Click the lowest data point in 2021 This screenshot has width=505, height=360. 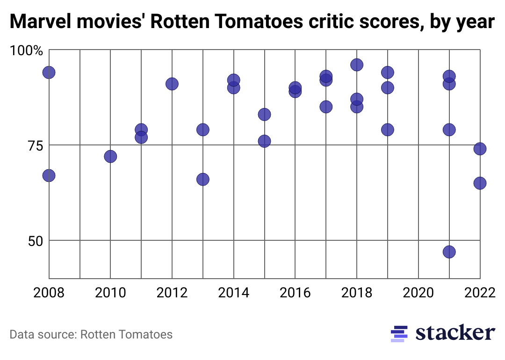tap(449, 252)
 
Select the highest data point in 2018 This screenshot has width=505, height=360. tap(357, 65)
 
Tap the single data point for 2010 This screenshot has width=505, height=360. tap(110, 156)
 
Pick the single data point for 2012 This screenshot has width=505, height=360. tap(172, 84)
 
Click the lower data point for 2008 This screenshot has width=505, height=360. tap(49, 175)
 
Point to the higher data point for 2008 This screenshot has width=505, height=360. tap(49, 72)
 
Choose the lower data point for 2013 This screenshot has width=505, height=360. tap(202, 179)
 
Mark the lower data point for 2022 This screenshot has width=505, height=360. tap(480, 183)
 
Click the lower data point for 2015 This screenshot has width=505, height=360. tap(264, 141)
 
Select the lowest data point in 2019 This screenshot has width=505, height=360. tap(388, 130)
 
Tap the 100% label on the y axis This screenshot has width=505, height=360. tap(26, 50)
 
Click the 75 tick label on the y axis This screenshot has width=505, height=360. tap(32, 145)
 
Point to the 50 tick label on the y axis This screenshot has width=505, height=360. tap(32, 241)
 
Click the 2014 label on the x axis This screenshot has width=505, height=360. tap(233, 293)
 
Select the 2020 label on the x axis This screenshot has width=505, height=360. tap(418, 293)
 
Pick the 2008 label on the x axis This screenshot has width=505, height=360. tap(49, 293)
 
